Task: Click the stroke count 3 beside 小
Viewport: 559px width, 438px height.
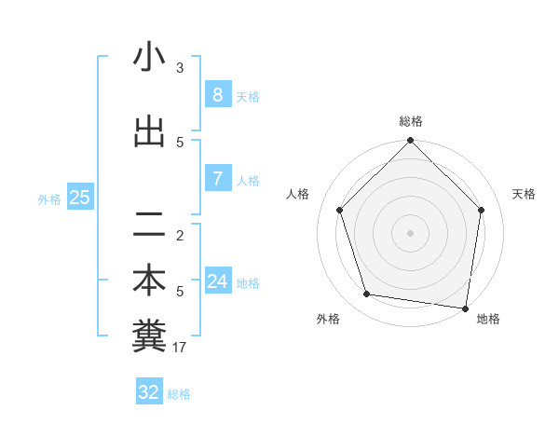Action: pos(180,67)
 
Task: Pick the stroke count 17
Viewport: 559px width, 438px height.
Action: pos(181,348)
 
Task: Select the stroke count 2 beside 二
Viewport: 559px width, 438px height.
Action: pos(180,235)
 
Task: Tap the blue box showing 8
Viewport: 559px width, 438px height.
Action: pos(217,94)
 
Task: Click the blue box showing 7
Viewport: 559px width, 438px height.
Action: pos(217,178)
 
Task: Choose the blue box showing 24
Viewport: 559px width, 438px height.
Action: pos(217,281)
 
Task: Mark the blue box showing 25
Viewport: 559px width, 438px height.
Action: pos(79,197)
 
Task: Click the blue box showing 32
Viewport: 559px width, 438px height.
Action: pos(149,392)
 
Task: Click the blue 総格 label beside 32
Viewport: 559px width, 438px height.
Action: pos(179,394)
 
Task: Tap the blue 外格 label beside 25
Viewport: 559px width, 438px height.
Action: pos(49,198)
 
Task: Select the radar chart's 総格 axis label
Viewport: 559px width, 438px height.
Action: pos(411,121)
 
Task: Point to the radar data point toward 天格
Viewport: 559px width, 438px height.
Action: pos(482,210)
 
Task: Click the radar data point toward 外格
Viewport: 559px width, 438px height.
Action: pos(367,294)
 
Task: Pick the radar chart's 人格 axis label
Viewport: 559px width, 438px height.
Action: pos(298,194)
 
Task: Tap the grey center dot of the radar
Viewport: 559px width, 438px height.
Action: pos(411,232)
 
